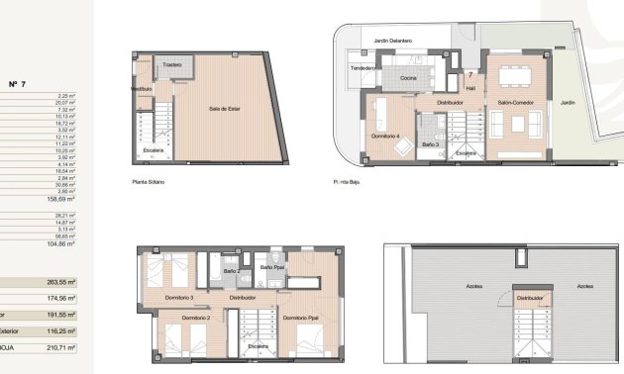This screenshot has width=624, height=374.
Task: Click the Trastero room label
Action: [x=176, y=65]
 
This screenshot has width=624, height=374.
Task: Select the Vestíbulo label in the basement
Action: [x=141, y=88]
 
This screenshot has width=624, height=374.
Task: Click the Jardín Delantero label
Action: [x=393, y=42]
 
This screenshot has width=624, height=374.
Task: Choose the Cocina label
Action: [x=407, y=77]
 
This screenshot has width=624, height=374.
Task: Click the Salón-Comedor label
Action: [x=516, y=102]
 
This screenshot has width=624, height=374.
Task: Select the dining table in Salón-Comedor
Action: [x=513, y=76]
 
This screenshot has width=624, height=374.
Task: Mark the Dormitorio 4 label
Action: [x=386, y=135]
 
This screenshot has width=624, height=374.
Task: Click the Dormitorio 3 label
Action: [x=178, y=297]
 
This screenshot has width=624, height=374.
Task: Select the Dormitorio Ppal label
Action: [x=298, y=319]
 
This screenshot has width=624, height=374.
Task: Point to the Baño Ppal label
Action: [x=272, y=267]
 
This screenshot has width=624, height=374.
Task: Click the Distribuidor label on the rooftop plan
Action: [x=531, y=297]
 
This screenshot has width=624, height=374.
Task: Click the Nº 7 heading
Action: [x=17, y=83]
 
